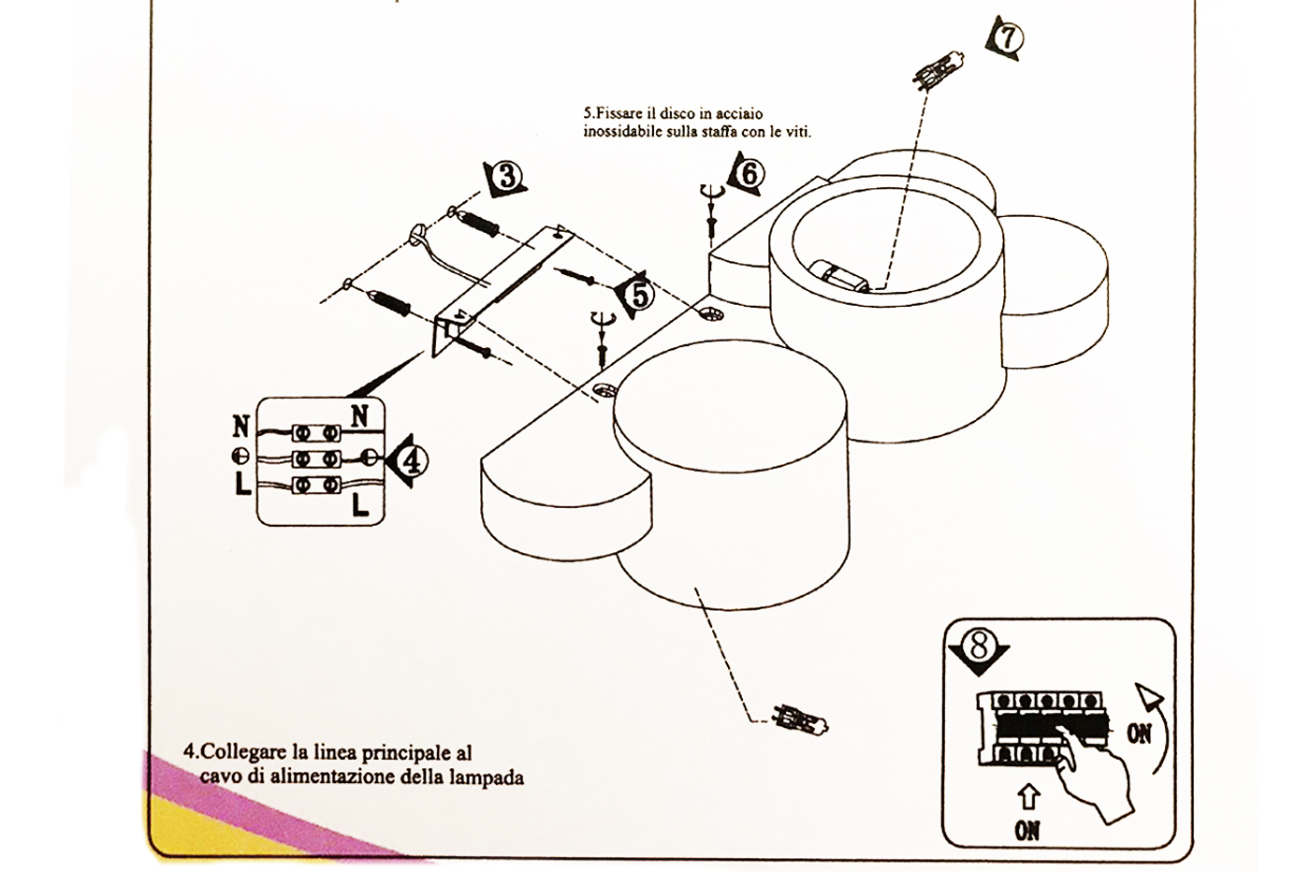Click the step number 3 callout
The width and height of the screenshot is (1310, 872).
coord(507,176)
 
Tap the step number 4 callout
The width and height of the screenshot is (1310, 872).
coord(411,459)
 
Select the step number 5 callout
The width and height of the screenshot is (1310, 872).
coord(638,294)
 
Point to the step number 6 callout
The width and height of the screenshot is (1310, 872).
coord(751,173)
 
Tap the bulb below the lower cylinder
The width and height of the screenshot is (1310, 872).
coord(801,719)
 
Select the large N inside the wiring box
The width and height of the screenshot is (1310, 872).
coord(359,414)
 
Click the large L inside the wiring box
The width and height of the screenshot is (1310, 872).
coord(361,506)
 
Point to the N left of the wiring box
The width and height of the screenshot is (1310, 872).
coord(240,427)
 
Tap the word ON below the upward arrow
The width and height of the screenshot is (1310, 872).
coord(1027,829)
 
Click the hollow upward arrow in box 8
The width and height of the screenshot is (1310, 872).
coord(1027,797)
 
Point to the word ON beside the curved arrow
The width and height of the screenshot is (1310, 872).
coord(1139,734)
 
